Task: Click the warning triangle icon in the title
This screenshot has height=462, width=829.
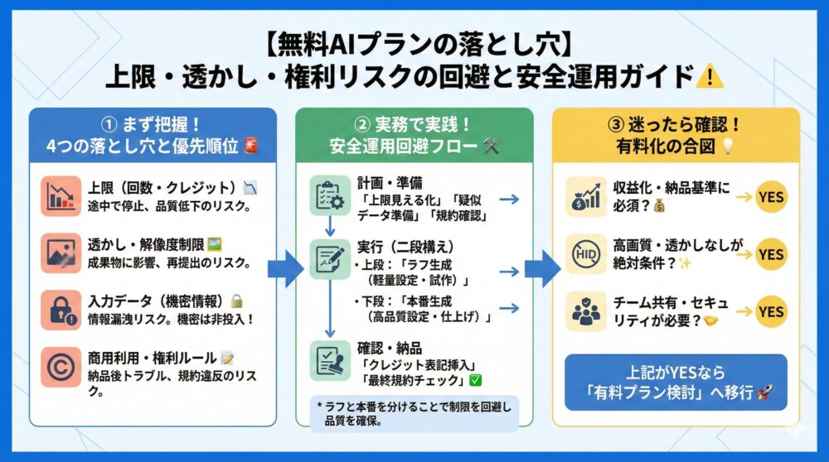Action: pos(710,78)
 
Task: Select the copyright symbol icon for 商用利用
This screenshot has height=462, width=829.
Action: pos(61,367)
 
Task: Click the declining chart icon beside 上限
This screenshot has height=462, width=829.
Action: pos(61,196)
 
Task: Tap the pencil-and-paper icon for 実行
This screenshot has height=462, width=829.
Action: pos(330,260)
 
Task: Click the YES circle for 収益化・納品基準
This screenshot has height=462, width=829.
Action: pos(771,197)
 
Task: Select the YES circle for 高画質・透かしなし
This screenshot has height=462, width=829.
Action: pos(771,254)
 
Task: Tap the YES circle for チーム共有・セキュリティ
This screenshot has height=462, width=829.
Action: pos(771,311)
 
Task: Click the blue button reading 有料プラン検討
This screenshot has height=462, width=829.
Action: pos(676,383)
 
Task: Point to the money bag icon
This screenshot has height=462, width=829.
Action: pos(586,198)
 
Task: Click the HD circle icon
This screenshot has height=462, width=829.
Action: pos(586,254)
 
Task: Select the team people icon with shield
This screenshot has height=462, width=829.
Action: pos(586,312)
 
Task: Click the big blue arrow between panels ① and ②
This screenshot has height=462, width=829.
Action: pos(286,270)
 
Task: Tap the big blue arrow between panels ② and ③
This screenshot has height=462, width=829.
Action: pos(542,270)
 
